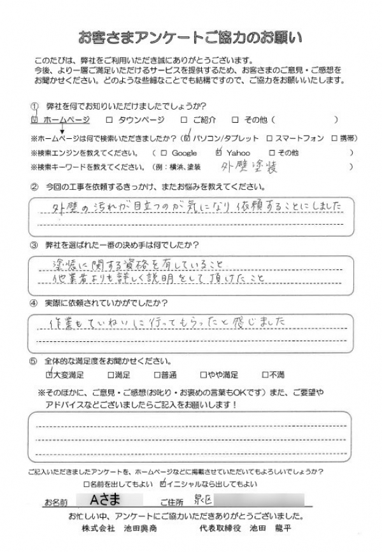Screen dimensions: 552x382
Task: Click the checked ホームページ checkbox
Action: pyautogui.click(x=35, y=119)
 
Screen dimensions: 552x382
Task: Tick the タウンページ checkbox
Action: pyautogui.click(x=110, y=119)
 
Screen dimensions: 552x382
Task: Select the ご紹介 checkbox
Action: pyautogui.click(x=184, y=119)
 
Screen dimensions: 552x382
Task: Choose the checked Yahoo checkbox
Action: pyautogui.click(x=220, y=152)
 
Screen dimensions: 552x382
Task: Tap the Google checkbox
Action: pyautogui.click(x=164, y=153)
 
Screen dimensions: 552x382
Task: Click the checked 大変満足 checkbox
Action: pyautogui.click(x=50, y=374)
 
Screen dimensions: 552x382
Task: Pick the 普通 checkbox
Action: pyautogui.click(x=156, y=375)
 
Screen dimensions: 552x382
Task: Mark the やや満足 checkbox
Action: pyautogui.click(x=204, y=375)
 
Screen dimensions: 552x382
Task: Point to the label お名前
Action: pyautogui.click(x=56, y=502)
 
